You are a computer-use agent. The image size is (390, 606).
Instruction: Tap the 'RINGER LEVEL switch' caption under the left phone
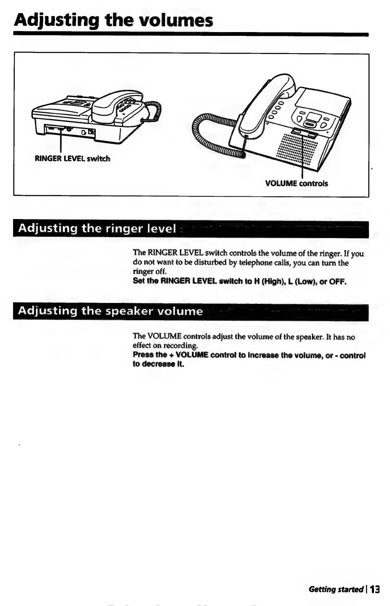tap(72, 159)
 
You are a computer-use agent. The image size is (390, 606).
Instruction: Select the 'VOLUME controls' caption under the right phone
tap(296, 184)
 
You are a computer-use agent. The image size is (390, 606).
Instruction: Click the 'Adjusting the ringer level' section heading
tap(97, 229)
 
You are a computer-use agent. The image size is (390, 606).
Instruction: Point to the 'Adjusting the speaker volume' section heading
tap(110, 311)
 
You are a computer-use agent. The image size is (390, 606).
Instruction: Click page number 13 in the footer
tap(375, 589)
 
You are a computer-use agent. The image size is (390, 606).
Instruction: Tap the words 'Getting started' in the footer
tap(336, 589)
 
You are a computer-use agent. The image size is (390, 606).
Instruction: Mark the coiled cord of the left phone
tap(154, 111)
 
